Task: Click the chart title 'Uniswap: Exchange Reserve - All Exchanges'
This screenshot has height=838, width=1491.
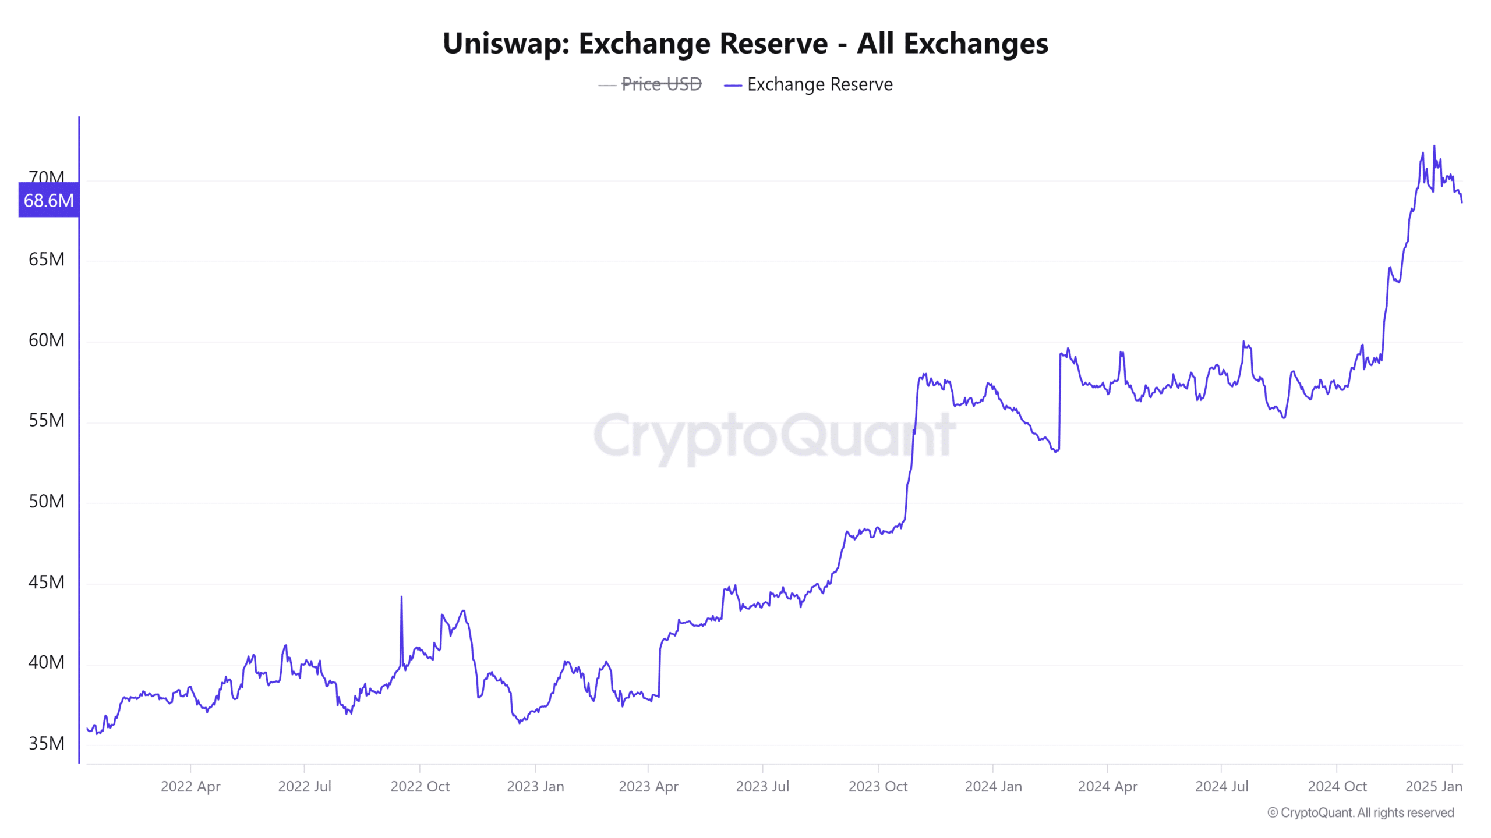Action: coord(745,44)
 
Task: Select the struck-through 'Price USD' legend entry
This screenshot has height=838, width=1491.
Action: coord(661,84)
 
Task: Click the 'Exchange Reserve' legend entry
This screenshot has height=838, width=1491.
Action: coord(819,84)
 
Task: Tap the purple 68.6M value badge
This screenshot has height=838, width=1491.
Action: coord(49,200)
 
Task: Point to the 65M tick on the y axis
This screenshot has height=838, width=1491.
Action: coord(47,260)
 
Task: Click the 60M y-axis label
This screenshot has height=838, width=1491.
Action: coord(47,340)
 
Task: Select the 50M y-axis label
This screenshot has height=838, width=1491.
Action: coord(47,502)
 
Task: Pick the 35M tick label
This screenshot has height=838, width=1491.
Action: coord(47,744)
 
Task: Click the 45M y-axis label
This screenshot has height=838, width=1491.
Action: coord(47,583)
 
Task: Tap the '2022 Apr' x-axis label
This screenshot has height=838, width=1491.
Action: coord(190,787)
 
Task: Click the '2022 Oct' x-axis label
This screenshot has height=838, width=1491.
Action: coord(420,787)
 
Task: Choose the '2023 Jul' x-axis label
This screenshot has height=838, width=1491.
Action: coord(762,787)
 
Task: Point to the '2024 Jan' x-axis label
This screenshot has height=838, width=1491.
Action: coord(993,787)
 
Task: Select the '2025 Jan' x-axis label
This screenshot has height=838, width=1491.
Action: coord(1433,787)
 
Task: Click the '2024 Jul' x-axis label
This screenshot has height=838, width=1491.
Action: coord(1221,787)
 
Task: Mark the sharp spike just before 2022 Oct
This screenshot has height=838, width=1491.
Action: coord(401,598)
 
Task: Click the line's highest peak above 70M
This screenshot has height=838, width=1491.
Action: coord(1434,147)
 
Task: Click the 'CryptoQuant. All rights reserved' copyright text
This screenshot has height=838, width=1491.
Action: coord(1361,813)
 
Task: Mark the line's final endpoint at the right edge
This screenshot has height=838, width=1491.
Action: coord(1462,202)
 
